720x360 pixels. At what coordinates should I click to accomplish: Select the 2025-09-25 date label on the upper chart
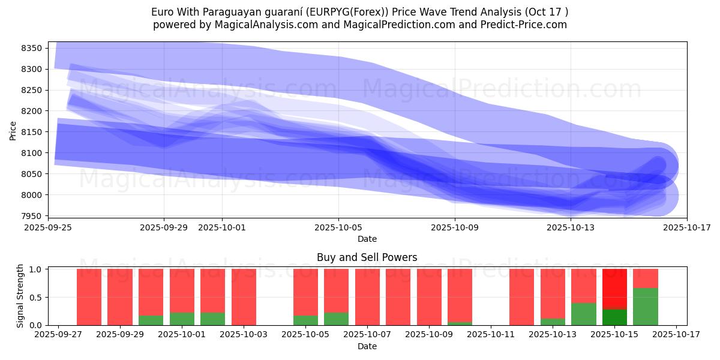point(48,227)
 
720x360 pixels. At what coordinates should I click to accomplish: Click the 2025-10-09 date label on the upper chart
point(455,227)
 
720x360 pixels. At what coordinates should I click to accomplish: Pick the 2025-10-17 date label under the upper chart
point(687,227)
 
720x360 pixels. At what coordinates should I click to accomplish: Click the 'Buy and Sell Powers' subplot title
point(367,257)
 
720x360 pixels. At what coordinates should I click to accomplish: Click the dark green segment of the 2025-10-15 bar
point(614,317)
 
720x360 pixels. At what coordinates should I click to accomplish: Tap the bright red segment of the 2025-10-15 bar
point(614,289)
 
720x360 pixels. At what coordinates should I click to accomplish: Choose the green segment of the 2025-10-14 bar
point(584,314)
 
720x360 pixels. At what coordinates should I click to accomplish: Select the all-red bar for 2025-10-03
point(244,297)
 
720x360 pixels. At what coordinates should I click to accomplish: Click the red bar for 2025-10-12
point(522,297)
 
